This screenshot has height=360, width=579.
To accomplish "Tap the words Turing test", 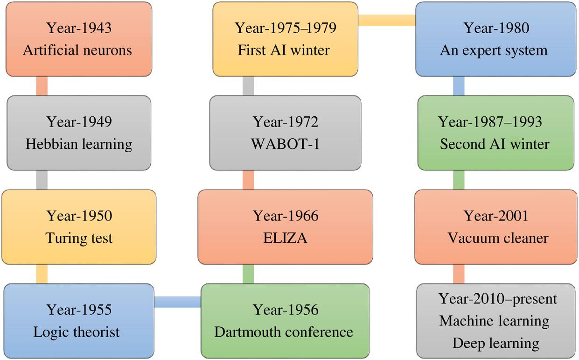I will [79, 238].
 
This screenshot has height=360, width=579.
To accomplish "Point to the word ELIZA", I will [286, 238].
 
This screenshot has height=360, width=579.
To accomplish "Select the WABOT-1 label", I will [286, 144].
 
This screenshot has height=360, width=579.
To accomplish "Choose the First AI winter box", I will [285, 39].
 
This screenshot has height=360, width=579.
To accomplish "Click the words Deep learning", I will [495, 344].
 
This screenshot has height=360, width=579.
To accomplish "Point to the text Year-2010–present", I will [497, 298].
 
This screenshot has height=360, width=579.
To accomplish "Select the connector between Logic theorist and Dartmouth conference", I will [177, 302].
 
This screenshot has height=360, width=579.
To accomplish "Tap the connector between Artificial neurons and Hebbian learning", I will [42, 86].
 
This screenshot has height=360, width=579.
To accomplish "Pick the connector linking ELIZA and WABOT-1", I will [248, 180].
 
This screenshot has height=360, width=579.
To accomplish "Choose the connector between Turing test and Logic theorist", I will [42, 274].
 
